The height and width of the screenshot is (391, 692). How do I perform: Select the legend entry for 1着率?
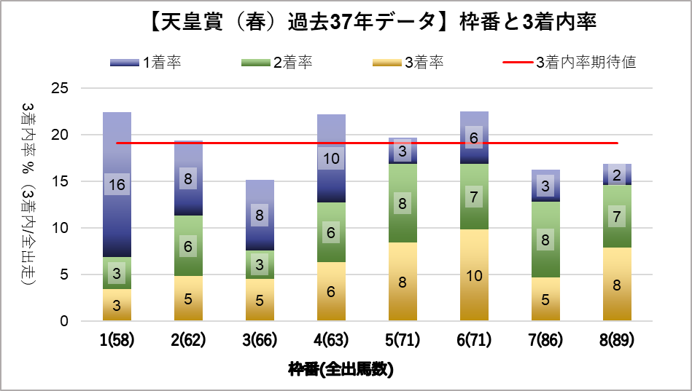pos(145,63)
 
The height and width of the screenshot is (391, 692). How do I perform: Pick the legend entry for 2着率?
pos(277,63)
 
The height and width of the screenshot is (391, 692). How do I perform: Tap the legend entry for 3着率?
pos(408,63)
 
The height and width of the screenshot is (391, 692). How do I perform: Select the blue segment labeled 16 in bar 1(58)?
pos(117,185)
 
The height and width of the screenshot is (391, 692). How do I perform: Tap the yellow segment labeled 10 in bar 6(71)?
pos(474,275)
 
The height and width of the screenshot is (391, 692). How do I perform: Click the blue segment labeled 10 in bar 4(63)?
pos(331,158)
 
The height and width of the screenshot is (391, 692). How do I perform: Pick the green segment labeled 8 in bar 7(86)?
pos(545,240)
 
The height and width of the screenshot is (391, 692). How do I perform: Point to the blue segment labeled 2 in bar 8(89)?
pos(617,175)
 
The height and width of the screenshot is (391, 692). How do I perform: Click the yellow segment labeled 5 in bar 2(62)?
pos(188,298)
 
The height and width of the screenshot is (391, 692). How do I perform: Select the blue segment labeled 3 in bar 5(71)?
pos(403,151)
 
